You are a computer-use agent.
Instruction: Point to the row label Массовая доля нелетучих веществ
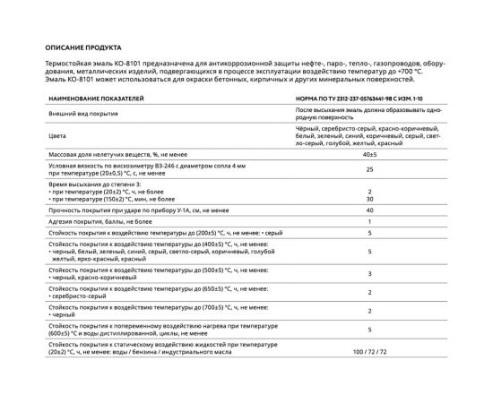click(x=108, y=155)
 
